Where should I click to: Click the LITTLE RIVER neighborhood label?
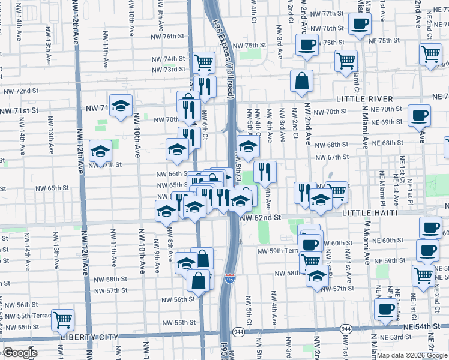click(364, 98)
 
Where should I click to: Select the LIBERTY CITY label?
click(89, 338)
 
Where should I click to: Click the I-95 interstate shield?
click(230, 278)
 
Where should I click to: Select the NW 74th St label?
click(167, 59)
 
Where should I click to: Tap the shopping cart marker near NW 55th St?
click(62, 319)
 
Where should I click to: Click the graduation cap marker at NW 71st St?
click(121, 106)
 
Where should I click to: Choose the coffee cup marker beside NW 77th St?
click(360, 24)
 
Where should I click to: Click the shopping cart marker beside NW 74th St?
click(204, 61)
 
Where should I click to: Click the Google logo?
click(20, 353)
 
